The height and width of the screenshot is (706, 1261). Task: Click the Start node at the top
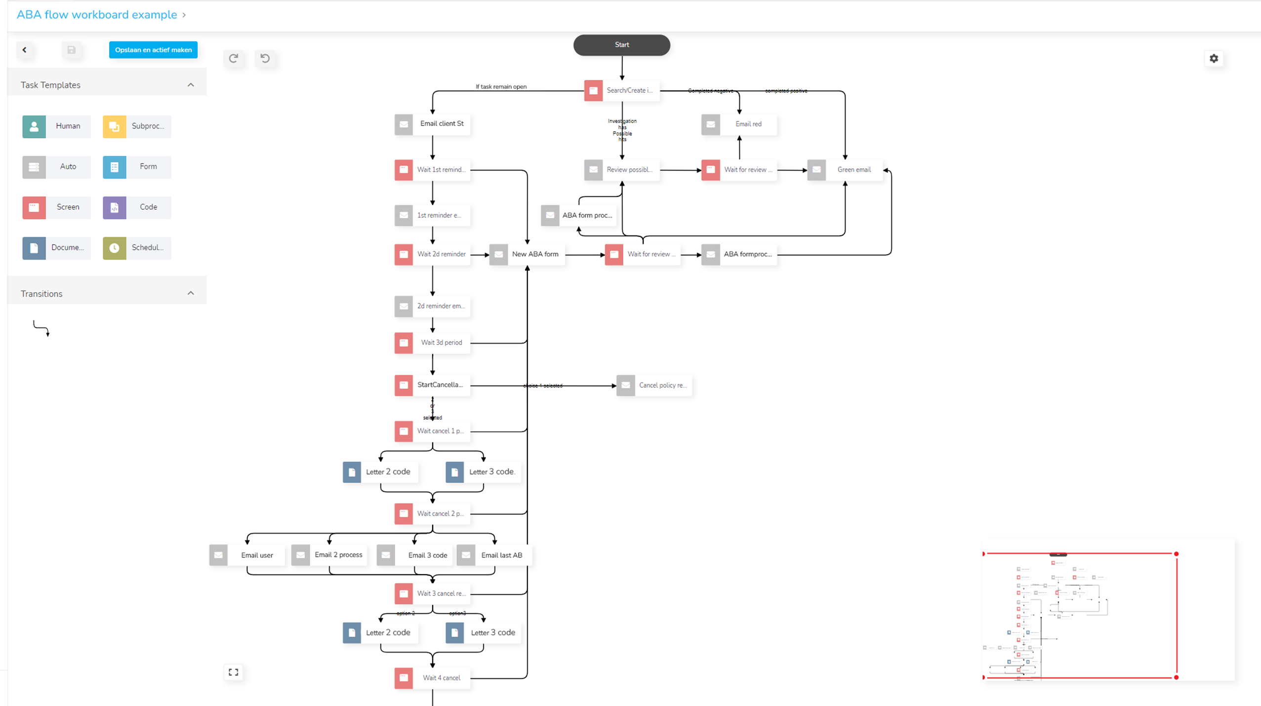(621, 45)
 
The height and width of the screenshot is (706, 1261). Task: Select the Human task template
(56, 126)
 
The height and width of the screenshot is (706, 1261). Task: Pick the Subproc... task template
(137, 126)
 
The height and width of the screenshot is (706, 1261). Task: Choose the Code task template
(137, 207)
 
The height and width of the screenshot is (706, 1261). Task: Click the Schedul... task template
(137, 248)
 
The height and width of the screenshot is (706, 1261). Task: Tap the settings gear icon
(1214, 58)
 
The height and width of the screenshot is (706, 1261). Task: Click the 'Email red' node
(739, 124)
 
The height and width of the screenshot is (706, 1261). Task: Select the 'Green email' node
(845, 170)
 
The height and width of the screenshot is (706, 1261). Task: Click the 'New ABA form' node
(527, 254)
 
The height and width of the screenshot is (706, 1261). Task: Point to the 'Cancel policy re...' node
(654, 385)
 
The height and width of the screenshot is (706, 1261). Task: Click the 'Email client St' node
(432, 124)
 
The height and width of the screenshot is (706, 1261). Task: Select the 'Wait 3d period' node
(432, 343)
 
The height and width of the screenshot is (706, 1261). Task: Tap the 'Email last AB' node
(494, 555)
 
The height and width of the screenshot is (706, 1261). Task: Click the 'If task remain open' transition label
(501, 86)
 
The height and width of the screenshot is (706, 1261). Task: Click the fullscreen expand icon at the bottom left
(234, 672)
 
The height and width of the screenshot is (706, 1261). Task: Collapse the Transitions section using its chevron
(191, 293)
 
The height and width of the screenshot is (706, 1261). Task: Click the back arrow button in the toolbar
(24, 50)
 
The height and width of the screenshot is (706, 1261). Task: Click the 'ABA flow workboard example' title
(97, 15)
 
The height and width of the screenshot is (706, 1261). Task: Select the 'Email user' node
(247, 555)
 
